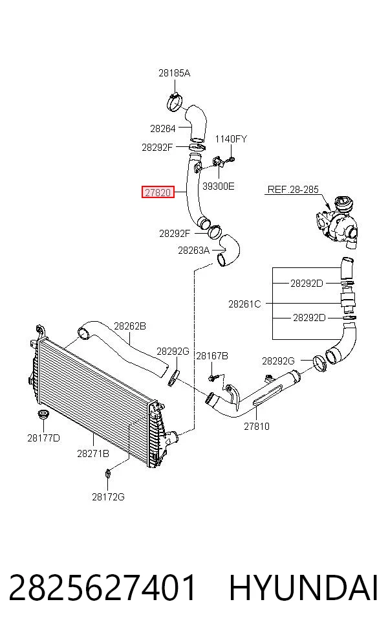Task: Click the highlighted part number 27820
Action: (x=158, y=192)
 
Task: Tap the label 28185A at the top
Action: (x=174, y=73)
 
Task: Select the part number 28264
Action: (x=163, y=129)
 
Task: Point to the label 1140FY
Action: (x=231, y=139)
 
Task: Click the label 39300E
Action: (x=219, y=186)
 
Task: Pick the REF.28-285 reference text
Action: (x=293, y=190)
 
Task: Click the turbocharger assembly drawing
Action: (x=337, y=222)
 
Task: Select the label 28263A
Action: (x=193, y=251)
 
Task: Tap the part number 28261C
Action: (x=244, y=304)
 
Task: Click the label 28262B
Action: (x=130, y=326)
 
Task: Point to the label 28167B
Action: (x=212, y=356)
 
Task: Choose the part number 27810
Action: (x=257, y=426)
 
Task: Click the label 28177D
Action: (x=43, y=438)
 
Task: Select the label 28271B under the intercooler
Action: (x=93, y=454)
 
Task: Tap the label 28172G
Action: (x=108, y=497)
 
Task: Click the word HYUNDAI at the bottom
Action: (x=303, y=588)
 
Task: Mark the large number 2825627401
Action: (x=102, y=588)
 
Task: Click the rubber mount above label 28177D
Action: (x=42, y=416)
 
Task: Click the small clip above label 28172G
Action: (x=108, y=473)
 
